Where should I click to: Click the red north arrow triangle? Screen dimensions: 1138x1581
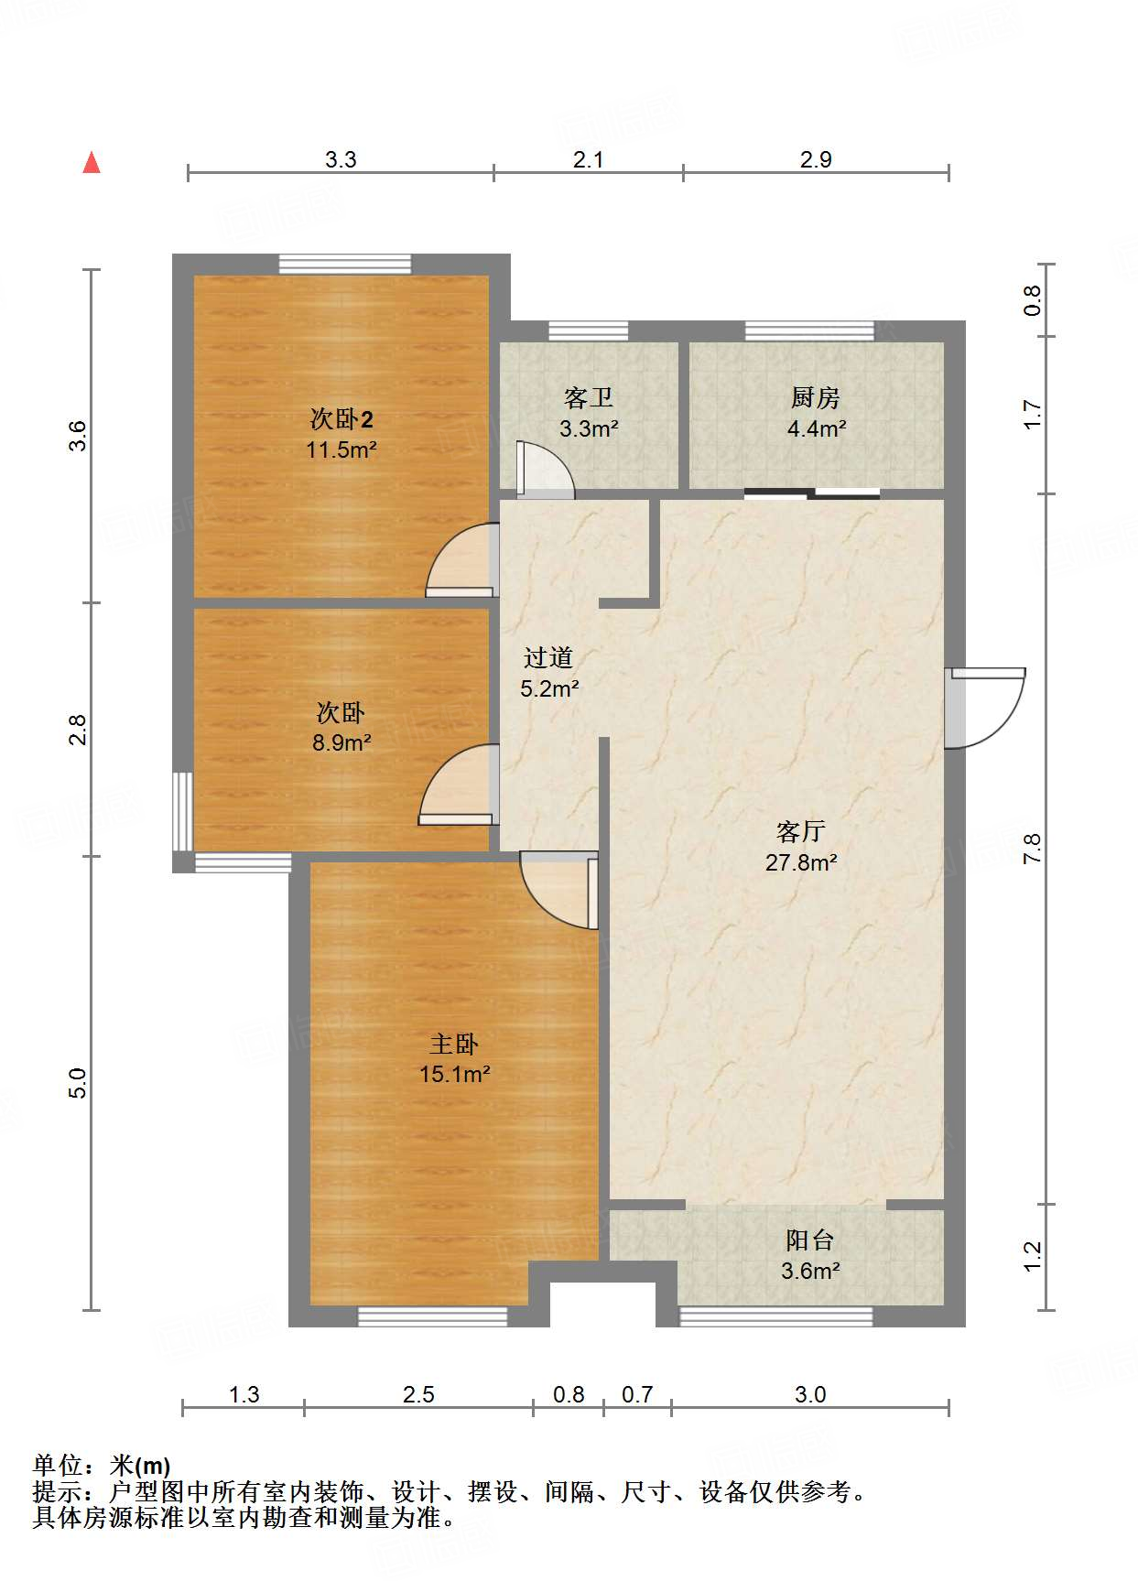point(92,163)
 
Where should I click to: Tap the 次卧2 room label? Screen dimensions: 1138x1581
point(341,419)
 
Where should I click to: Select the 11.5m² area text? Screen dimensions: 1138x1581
point(341,449)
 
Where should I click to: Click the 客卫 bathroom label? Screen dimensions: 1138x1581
point(588,397)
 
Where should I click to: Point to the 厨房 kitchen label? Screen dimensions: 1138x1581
point(816,397)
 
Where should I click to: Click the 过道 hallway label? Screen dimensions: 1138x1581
point(548,657)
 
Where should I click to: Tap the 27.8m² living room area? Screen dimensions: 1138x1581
point(801,862)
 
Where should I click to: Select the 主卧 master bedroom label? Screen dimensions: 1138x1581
point(454,1044)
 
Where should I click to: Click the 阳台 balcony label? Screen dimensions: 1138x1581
point(810,1240)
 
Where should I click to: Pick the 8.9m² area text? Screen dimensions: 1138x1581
point(341,742)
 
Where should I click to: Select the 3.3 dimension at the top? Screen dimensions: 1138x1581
point(341,159)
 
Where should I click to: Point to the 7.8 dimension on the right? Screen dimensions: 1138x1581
point(1033,849)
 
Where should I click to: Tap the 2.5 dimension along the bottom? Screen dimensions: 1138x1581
point(418,1394)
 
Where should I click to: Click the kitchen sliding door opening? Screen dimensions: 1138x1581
point(812,494)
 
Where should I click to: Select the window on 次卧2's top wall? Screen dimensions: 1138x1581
point(345,264)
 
